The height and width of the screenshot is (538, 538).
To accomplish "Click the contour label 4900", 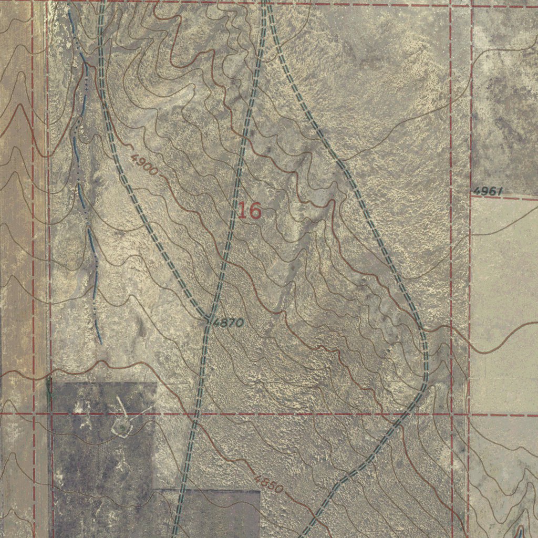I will pos(144,165).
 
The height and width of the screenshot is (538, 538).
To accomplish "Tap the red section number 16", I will pos(249,211).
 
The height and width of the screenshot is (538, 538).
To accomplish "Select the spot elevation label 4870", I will pos(229,323).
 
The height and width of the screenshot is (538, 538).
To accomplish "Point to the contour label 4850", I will pos(269,484).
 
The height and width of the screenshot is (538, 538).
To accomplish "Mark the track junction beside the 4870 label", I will pos(209,319).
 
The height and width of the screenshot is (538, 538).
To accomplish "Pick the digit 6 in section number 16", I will pos(254,211).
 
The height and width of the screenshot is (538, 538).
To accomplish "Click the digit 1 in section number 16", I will pos(242,211).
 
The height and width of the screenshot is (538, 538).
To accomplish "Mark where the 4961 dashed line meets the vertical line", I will pos(471,195).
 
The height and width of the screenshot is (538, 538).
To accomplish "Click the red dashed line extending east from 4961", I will pos(520,198).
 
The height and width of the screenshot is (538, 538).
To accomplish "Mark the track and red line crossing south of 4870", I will pos(195,414).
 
